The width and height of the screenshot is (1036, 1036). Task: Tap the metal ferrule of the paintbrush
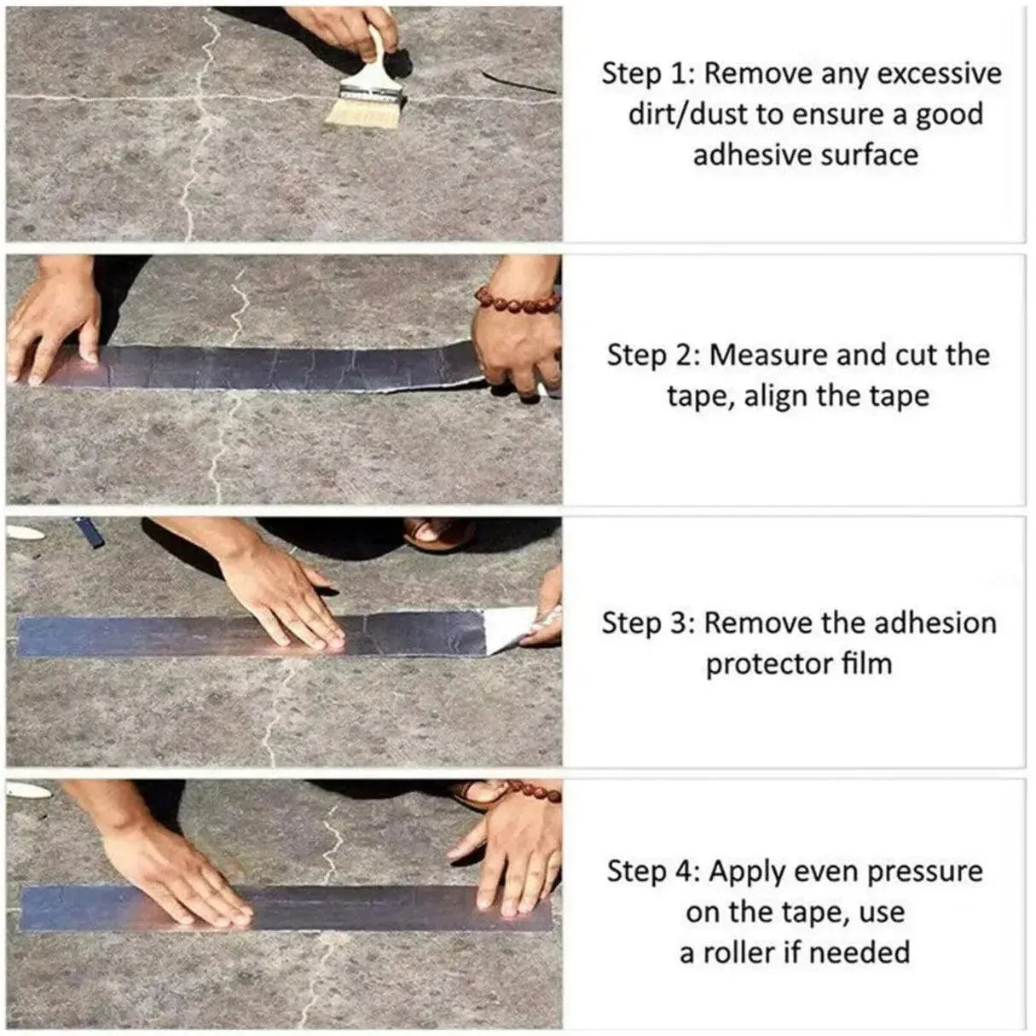click(372, 90)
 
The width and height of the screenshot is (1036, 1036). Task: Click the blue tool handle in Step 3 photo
click(89, 532)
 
